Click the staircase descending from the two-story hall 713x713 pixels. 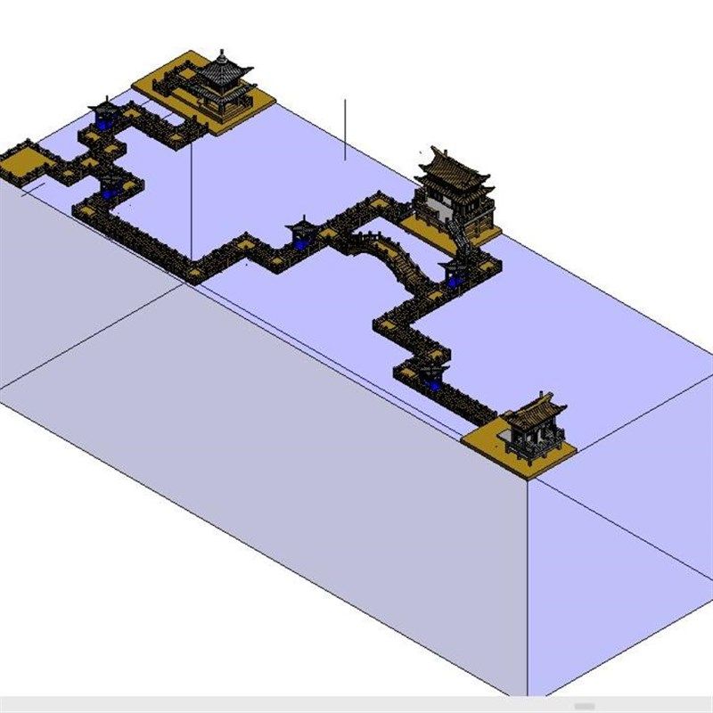[459, 234]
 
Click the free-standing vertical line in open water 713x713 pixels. [346, 129]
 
